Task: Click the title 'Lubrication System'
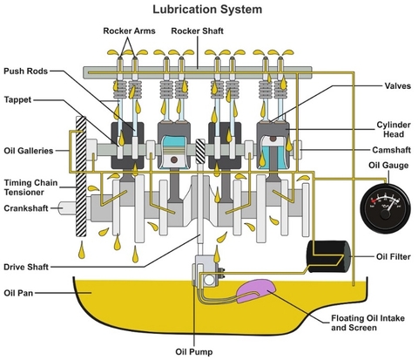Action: (x=207, y=10)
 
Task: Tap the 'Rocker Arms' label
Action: (x=129, y=31)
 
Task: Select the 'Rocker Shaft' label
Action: (x=197, y=31)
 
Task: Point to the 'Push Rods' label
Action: (x=25, y=71)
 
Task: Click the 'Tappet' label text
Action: (x=17, y=99)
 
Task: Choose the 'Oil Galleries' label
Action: (x=29, y=151)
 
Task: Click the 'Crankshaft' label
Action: (x=26, y=208)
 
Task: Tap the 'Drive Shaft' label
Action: (x=26, y=267)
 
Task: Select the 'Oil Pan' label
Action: (x=18, y=293)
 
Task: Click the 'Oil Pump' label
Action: (x=194, y=352)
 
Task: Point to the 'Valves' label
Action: (x=398, y=85)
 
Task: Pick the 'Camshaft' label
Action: (x=391, y=150)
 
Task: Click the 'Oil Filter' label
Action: (x=394, y=256)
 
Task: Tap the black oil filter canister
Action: (x=329, y=256)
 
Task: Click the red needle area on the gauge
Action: (x=374, y=200)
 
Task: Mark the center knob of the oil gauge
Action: (x=385, y=214)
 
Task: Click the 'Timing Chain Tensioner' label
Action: (x=30, y=187)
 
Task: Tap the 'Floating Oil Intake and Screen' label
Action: (x=367, y=323)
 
